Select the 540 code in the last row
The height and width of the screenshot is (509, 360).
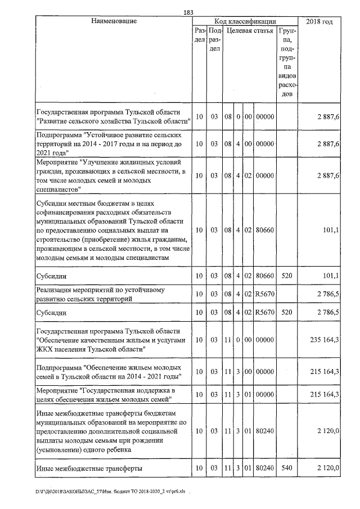pyautogui.click(x=287, y=468)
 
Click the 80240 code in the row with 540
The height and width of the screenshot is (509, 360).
pyautogui.click(x=264, y=468)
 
